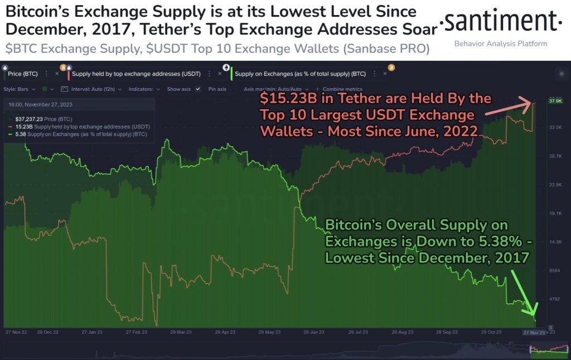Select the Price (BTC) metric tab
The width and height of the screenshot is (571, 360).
tap(23, 73)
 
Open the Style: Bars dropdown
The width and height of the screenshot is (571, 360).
tap(20, 89)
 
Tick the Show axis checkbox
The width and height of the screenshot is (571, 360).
tap(197, 89)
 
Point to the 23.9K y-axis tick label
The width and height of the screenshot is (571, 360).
tap(555, 184)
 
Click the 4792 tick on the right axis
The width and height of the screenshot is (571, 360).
tap(555, 299)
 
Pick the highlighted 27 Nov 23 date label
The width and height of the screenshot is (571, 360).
tap(534, 332)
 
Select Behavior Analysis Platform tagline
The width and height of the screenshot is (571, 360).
tap(500, 43)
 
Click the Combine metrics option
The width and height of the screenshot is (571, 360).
tap(342, 89)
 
